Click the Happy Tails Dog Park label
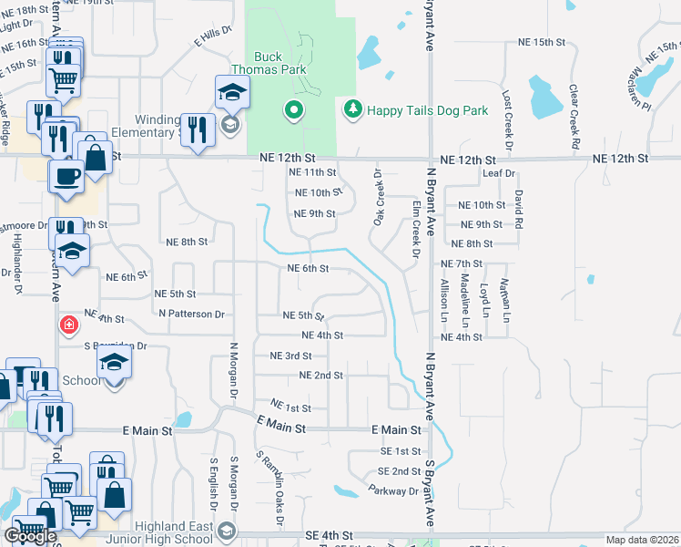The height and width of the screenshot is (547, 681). pos(427,110)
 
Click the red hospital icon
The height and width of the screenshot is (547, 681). pos(68,324)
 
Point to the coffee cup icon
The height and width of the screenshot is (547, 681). pos(69,175)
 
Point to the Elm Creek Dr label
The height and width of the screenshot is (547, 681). pos(414,227)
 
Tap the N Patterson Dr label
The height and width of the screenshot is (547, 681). pos(191,314)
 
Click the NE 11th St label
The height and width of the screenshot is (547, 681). pos(312,172)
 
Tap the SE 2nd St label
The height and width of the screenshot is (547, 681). pos(400,471)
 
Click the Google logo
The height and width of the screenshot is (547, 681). pos(30,536)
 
